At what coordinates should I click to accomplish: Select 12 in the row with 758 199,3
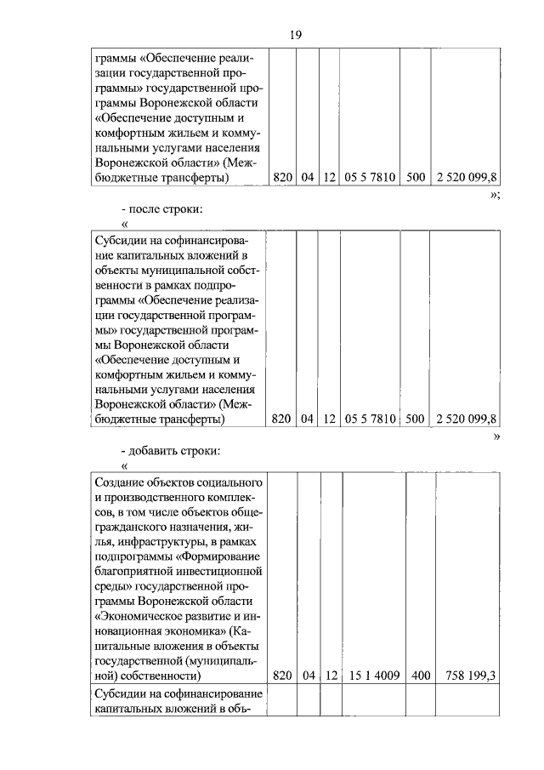click(x=331, y=676)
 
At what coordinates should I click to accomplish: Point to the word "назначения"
click(x=192, y=527)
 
